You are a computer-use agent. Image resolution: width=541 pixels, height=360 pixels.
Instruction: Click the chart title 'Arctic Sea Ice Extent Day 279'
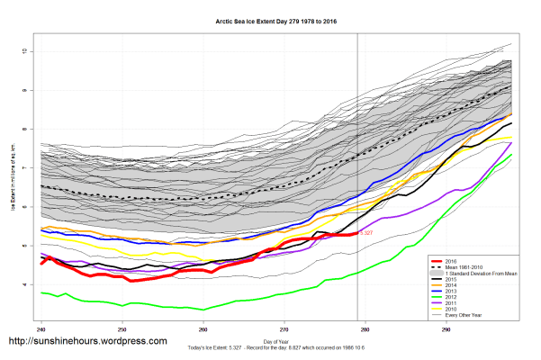(x=270, y=19)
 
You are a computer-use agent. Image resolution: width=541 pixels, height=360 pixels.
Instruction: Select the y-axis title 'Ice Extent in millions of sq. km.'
(x=14, y=180)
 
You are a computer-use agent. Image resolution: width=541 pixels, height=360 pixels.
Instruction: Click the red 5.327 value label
(x=366, y=233)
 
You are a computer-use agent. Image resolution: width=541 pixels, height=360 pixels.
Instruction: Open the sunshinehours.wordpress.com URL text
(x=87, y=342)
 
